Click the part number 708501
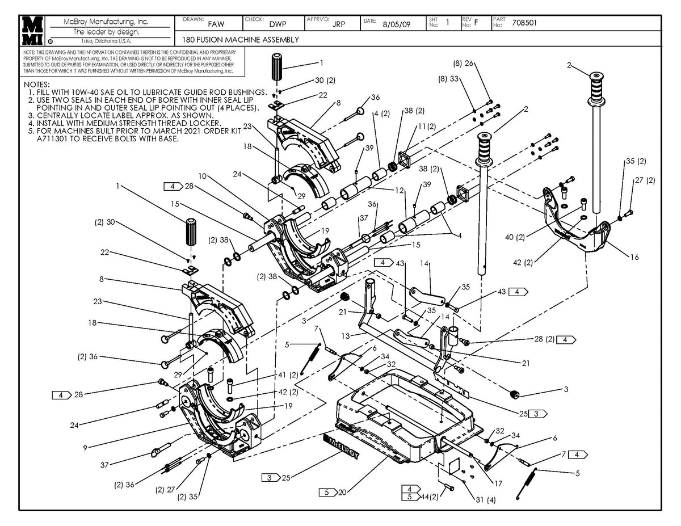525,23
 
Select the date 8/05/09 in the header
397,24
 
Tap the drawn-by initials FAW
216,24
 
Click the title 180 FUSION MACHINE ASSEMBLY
241,40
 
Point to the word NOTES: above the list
37,84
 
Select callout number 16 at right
634,257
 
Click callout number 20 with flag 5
341,493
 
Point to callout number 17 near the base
498,484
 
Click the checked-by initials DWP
278,24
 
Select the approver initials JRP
339,24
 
